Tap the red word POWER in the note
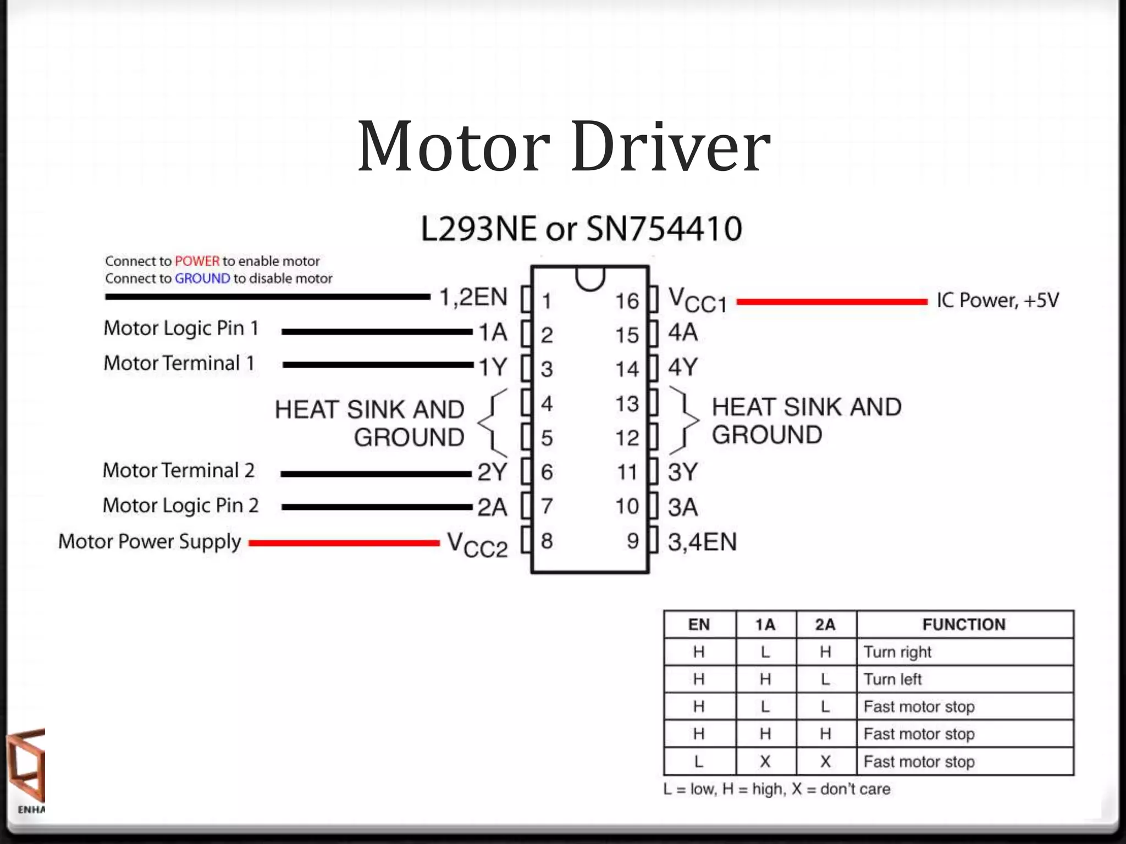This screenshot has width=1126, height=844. (197, 261)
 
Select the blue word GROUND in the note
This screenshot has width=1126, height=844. (202, 279)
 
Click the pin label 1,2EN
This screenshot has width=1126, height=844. (473, 297)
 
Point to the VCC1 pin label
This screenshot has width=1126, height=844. (697, 301)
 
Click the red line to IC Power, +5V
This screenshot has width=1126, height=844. (831, 301)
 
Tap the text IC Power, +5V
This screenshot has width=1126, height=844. (997, 301)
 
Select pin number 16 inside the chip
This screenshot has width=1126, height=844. (627, 301)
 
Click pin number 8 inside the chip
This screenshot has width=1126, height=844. (547, 541)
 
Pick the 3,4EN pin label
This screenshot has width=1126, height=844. (702, 542)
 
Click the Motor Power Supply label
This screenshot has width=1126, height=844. (150, 542)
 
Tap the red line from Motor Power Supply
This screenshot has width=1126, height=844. (344, 543)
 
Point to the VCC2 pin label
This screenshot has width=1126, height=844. (477, 545)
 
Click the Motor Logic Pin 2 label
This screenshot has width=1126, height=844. (180, 506)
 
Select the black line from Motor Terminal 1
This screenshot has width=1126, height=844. (378, 365)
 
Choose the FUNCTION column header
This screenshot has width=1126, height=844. (964, 624)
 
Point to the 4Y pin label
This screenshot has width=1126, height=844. (683, 367)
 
